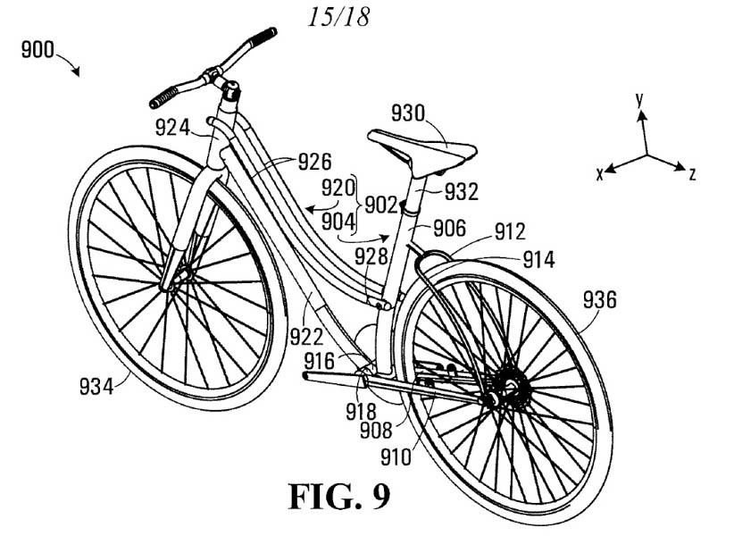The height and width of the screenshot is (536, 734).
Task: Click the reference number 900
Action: coord(38,50)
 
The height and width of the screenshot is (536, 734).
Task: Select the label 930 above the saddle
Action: coord(410,113)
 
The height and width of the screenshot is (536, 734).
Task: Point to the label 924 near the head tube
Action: coord(172,128)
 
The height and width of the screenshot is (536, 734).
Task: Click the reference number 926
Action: coord(313,163)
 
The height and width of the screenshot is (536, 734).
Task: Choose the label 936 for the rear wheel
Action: coord(599,300)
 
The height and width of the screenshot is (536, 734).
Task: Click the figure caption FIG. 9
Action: coord(338,495)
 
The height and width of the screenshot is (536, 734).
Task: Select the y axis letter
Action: coord(639,100)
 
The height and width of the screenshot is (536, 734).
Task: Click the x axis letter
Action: coord(601,174)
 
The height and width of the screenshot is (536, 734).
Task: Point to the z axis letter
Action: coord(692,174)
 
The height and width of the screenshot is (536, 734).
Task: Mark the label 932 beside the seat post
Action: coord(461,191)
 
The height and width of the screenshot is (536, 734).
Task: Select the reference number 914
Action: coord(538,260)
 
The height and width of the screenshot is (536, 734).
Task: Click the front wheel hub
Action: coord(170,284)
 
